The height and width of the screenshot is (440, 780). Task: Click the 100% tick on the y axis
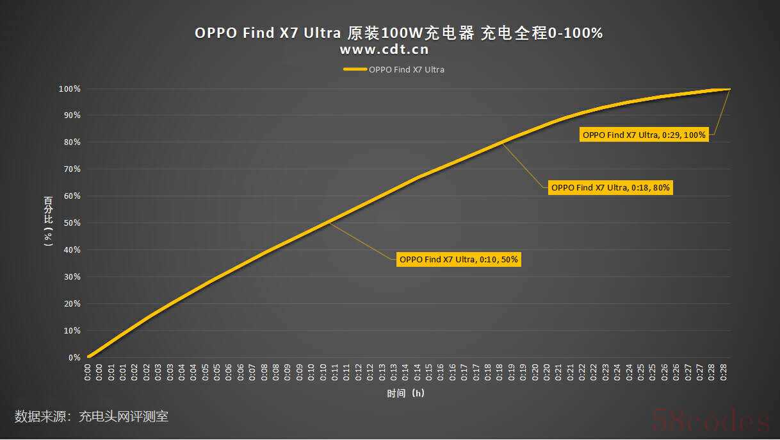71,89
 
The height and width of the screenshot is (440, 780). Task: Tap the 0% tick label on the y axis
75,357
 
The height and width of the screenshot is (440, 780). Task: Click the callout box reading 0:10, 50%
459,260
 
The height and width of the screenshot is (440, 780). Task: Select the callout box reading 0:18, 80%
610,188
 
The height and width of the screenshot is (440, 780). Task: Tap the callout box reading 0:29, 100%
644,135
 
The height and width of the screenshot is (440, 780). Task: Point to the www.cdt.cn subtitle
384,49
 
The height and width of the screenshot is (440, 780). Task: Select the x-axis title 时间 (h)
405,393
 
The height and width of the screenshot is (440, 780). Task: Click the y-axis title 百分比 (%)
48,222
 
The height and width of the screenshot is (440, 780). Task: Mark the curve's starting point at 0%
89,357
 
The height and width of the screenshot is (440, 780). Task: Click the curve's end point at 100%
729,89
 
